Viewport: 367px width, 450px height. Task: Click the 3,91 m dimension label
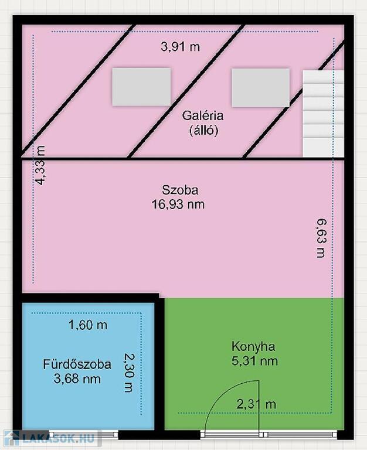(180, 46)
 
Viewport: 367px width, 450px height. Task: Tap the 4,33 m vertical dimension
(40, 165)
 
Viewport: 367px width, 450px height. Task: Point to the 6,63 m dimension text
(321, 238)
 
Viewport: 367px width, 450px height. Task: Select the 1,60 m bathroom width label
(88, 325)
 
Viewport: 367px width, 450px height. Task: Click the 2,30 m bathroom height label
(128, 372)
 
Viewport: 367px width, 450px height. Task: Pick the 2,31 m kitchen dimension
(256, 404)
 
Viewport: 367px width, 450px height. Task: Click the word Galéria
(203, 115)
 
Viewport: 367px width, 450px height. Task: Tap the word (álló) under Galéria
(203, 131)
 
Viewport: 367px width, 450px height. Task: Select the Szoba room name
(180, 190)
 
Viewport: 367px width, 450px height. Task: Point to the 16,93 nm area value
(178, 204)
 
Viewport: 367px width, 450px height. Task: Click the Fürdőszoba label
(77, 364)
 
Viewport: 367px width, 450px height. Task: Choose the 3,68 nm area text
(77, 379)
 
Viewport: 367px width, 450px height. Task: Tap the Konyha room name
(253, 346)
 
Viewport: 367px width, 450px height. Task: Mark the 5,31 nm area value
(254, 361)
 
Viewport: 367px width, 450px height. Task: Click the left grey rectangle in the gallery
(141, 87)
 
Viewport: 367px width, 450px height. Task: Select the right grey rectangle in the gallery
(260, 87)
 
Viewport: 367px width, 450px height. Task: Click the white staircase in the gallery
(323, 114)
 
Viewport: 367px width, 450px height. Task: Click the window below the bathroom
(84, 435)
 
